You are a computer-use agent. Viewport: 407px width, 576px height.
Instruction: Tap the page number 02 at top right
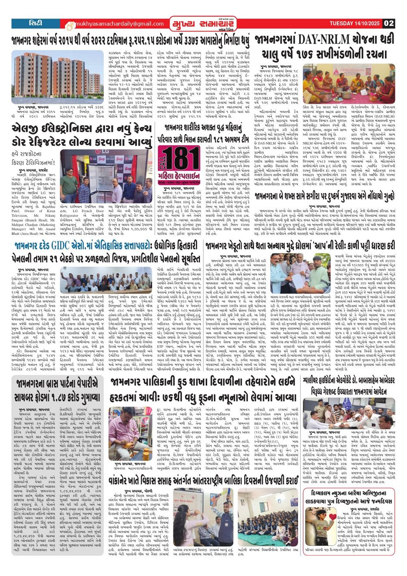pos(388,23)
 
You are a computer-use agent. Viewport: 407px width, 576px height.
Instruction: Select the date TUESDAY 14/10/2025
pos(354,23)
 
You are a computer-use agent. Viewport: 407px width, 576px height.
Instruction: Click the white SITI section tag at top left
pos(35,23)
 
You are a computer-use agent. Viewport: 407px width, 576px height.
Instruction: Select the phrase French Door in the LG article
pos(93,211)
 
